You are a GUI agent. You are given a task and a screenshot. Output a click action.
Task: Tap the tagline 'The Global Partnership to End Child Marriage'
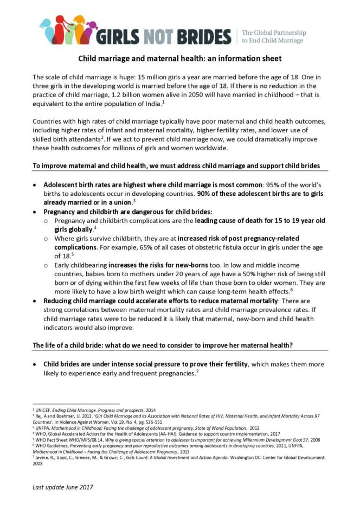pos(273,36)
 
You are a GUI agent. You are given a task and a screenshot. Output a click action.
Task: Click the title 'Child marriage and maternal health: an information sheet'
pos(180,58)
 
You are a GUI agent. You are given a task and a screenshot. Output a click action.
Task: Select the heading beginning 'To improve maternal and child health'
pos(176,165)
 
